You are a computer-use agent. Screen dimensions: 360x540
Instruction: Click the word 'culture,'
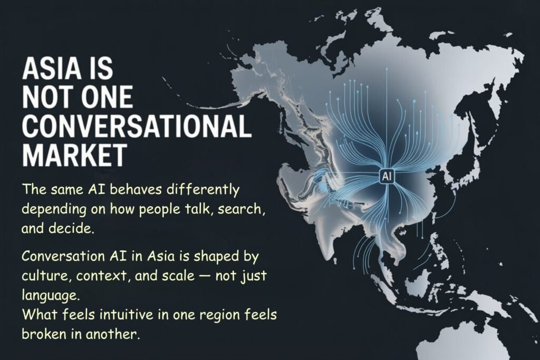[x=43, y=276]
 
